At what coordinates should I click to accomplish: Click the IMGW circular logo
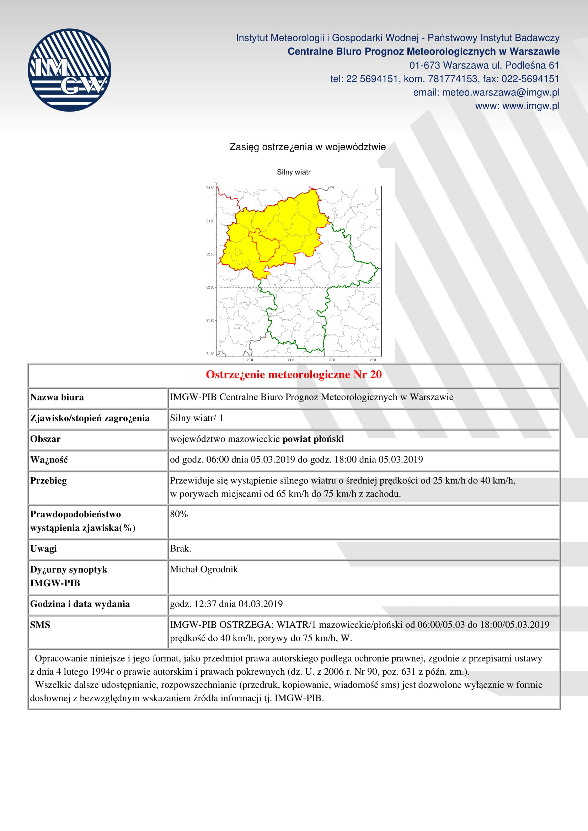pos(69,70)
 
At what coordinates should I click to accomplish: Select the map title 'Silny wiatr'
pos(294,172)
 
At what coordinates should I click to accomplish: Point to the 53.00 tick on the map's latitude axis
pos(211,221)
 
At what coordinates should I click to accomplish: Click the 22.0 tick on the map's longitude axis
pos(332,360)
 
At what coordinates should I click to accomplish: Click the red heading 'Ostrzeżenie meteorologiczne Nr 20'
pos(294,374)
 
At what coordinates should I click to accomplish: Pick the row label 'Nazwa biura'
pos(57,397)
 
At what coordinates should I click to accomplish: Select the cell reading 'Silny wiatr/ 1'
pos(197,418)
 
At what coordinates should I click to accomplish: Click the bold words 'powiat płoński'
pos(313,439)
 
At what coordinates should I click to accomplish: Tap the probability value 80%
pos(179,514)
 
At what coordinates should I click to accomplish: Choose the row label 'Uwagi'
pos(43,549)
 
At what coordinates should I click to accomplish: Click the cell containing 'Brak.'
pos(181,549)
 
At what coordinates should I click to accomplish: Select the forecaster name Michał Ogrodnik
pos(204,569)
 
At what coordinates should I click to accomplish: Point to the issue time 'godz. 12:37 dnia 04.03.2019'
pos(226,604)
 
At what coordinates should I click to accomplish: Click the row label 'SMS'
pos(40,625)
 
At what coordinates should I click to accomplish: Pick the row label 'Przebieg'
pos(48,481)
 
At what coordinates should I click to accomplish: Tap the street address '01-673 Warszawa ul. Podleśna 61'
pos(484,65)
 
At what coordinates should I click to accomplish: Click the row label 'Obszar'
pos(45,439)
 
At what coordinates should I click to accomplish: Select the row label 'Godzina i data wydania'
pos(80,604)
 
